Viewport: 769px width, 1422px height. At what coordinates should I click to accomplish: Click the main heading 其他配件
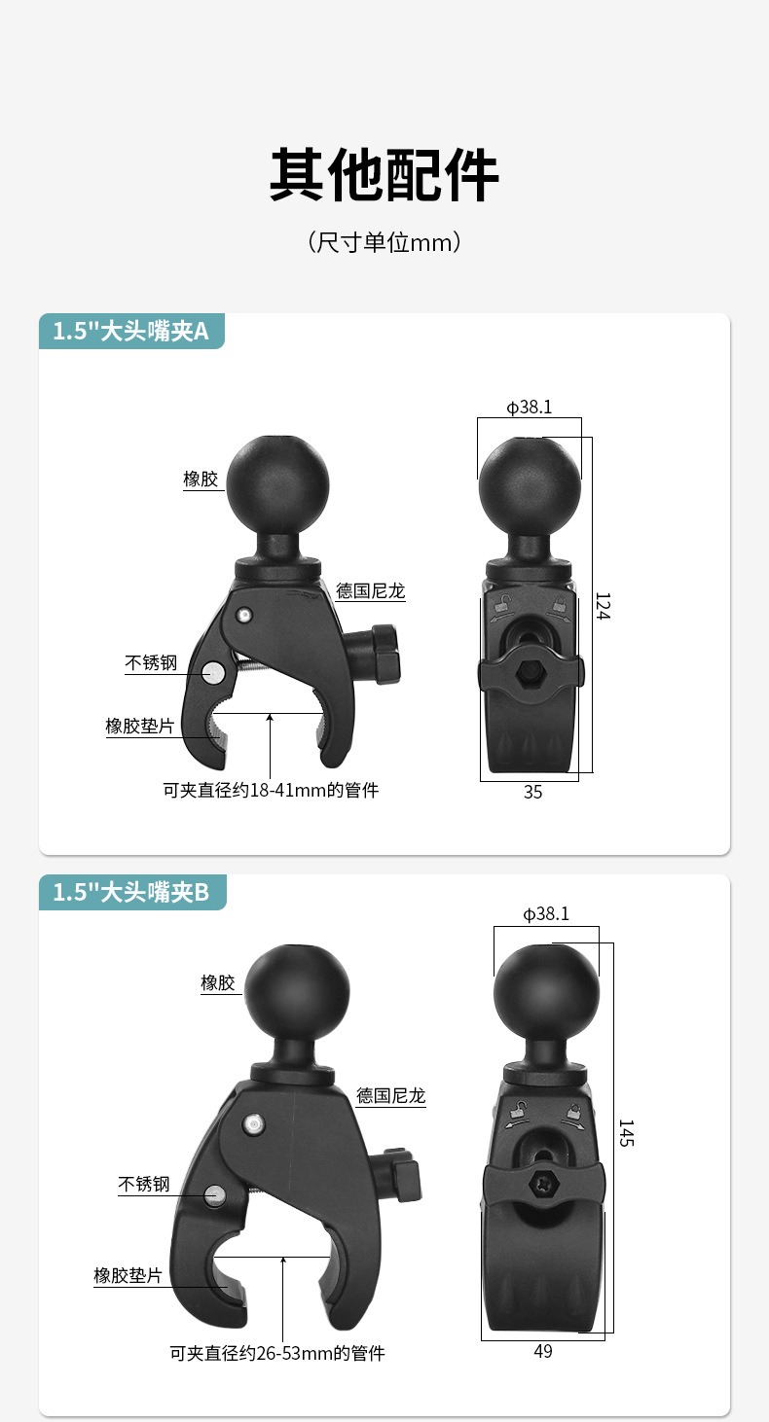[384, 174]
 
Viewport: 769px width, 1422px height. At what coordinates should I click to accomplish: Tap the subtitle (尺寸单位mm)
[384, 242]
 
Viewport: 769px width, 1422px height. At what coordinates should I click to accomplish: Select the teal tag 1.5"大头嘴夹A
[131, 331]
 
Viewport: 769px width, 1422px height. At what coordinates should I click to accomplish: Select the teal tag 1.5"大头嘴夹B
[132, 892]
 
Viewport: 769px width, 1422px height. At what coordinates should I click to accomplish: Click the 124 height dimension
[603, 606]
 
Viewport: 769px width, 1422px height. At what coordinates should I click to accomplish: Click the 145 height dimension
[626, 1133]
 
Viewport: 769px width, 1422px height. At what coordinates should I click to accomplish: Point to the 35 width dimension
[532, 793]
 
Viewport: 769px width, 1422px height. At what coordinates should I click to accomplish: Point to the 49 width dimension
[543, 1352]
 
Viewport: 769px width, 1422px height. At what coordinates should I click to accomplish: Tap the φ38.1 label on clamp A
[530, 407]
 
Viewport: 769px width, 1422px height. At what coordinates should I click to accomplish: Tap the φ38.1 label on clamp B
[546, 914]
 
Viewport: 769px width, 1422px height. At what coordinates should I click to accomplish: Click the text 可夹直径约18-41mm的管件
[271, 791]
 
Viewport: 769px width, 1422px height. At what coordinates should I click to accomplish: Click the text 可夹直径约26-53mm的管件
[277, 1354]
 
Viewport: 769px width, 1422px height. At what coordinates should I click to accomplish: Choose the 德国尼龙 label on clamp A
[371, 591]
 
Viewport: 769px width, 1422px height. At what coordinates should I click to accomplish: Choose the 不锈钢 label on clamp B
[144, 1184]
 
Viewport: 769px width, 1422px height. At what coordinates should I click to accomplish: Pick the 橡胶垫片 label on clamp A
[140, 726]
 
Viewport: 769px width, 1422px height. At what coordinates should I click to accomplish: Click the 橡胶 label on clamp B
[218, 982]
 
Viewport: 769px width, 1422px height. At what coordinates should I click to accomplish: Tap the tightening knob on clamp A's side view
[384, 654]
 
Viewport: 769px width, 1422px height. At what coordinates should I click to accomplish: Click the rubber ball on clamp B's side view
[297, 997]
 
